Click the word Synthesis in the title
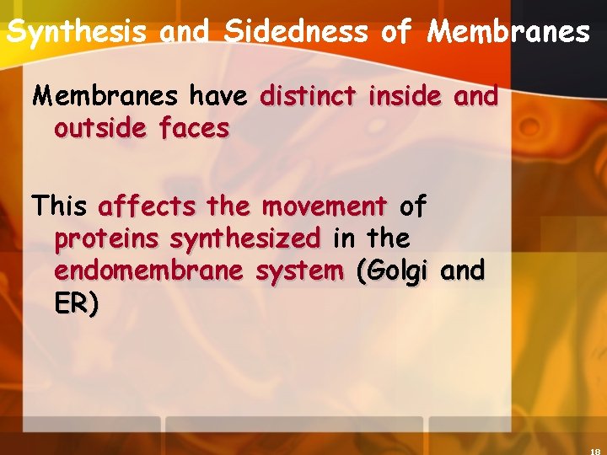76,32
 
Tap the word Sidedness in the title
296,32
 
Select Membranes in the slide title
508,32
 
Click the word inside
405,97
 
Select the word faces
196,129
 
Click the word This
59,206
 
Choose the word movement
324,206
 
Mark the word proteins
106,239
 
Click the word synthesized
245,239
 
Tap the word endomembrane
148,271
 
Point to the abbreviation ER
73,303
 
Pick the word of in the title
396,32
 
